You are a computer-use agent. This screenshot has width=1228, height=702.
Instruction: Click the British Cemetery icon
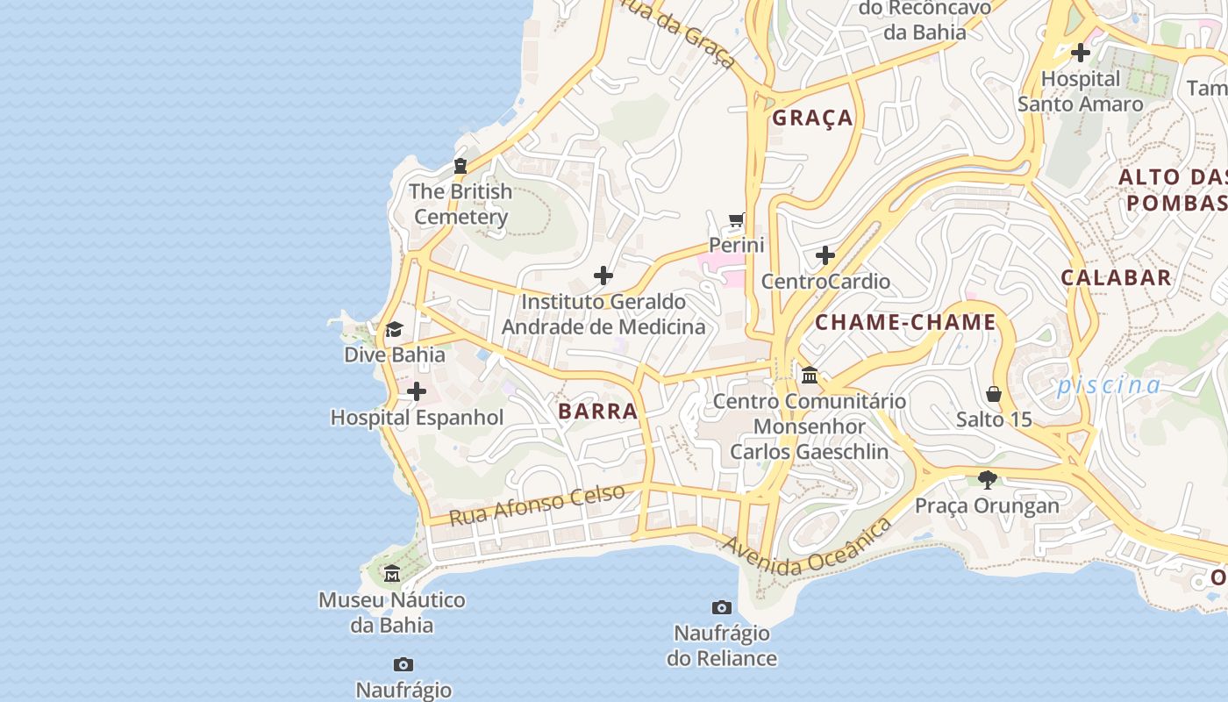click(460, 166)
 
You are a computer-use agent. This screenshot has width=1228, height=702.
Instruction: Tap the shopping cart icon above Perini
click(737, 219)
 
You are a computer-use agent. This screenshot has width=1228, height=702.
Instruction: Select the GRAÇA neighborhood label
click(812, 118)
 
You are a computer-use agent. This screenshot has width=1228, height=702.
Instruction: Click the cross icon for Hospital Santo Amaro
click(1081, 53)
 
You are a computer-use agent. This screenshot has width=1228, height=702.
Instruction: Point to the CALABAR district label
click(1116, 278)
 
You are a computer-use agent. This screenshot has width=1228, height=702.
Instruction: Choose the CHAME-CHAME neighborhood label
click(905, 322)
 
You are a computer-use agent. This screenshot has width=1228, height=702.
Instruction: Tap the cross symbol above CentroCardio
click(825, 256)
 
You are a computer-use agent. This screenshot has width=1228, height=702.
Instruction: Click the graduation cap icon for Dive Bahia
click(394, 330)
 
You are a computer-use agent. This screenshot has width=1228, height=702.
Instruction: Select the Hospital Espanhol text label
click(417, 418)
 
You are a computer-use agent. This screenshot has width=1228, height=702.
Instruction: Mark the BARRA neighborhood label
click(597, 412)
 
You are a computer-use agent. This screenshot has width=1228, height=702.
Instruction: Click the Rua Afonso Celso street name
click(537, 505)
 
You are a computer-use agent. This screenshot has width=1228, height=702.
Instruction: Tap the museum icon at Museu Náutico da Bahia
click(392, 574)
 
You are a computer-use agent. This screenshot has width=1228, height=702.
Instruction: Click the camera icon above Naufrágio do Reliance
click(721, 607)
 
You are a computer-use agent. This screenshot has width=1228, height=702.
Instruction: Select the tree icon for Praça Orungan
click(988, 479)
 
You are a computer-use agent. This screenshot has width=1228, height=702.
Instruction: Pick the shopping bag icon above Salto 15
click(994, 394)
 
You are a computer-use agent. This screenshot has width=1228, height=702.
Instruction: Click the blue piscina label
click(1109, 385)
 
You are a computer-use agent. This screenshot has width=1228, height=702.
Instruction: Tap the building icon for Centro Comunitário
click(810, 376)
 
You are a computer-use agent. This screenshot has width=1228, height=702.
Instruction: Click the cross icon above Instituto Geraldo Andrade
click(603, 276)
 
